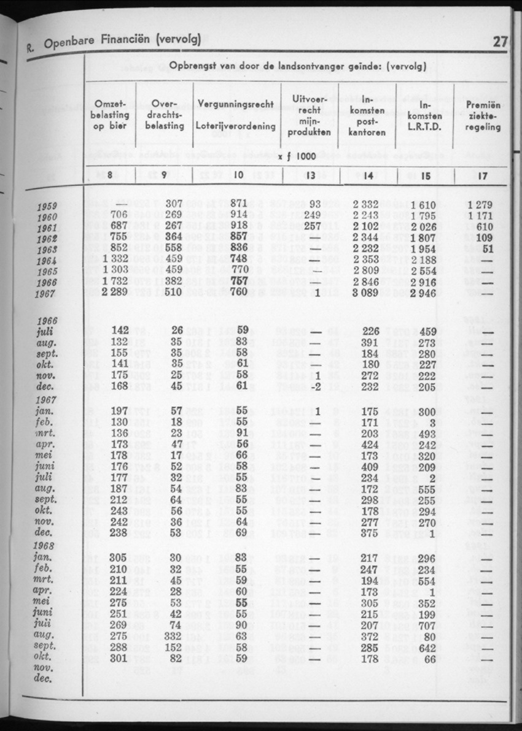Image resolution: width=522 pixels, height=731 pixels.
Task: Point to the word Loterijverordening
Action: tap(235, 125)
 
